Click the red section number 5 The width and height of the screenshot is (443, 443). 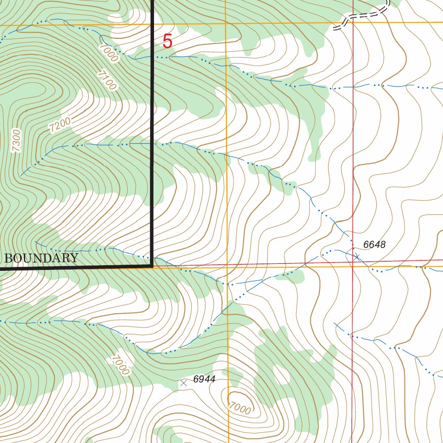click(x=167, y=42)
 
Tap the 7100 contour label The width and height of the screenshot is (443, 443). click(x=106, y=80)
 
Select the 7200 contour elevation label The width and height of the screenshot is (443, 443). click(x=60, y=125)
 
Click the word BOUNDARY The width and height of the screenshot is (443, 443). click(x=42, y=258)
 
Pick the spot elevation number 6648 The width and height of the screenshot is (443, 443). click(x=374, y=245)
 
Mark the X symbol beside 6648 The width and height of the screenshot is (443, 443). click(x=357, y=257)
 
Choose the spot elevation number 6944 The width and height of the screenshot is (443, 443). click(x=204, y=379)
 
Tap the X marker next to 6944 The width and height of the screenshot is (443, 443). click(x=183, y=383)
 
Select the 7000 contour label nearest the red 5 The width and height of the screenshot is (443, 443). click(x=108, y=53)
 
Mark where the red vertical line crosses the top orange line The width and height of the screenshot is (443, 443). click(x=353, y=22)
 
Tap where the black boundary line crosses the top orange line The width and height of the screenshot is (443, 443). click(x=153, y=24)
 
